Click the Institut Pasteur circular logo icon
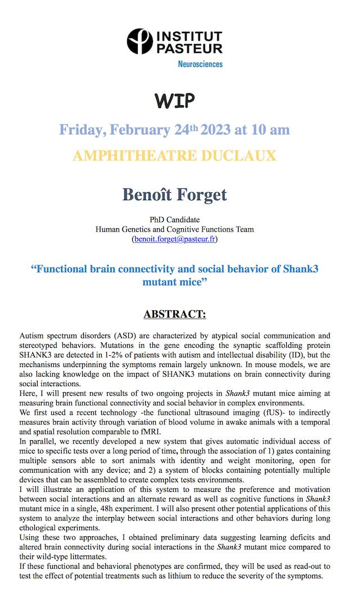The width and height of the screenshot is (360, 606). pyautogui.click(x=139, y=42)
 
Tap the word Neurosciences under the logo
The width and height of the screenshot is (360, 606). pyautogui.click(x=200, y=64)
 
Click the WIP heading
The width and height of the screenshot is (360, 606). pyautogui.click(x=174, y=101)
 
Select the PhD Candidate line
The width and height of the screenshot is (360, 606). pyautogui.click(x=174, y=219)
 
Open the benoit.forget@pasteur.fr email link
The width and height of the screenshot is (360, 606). pyautogui.click(x=174, y=239)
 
